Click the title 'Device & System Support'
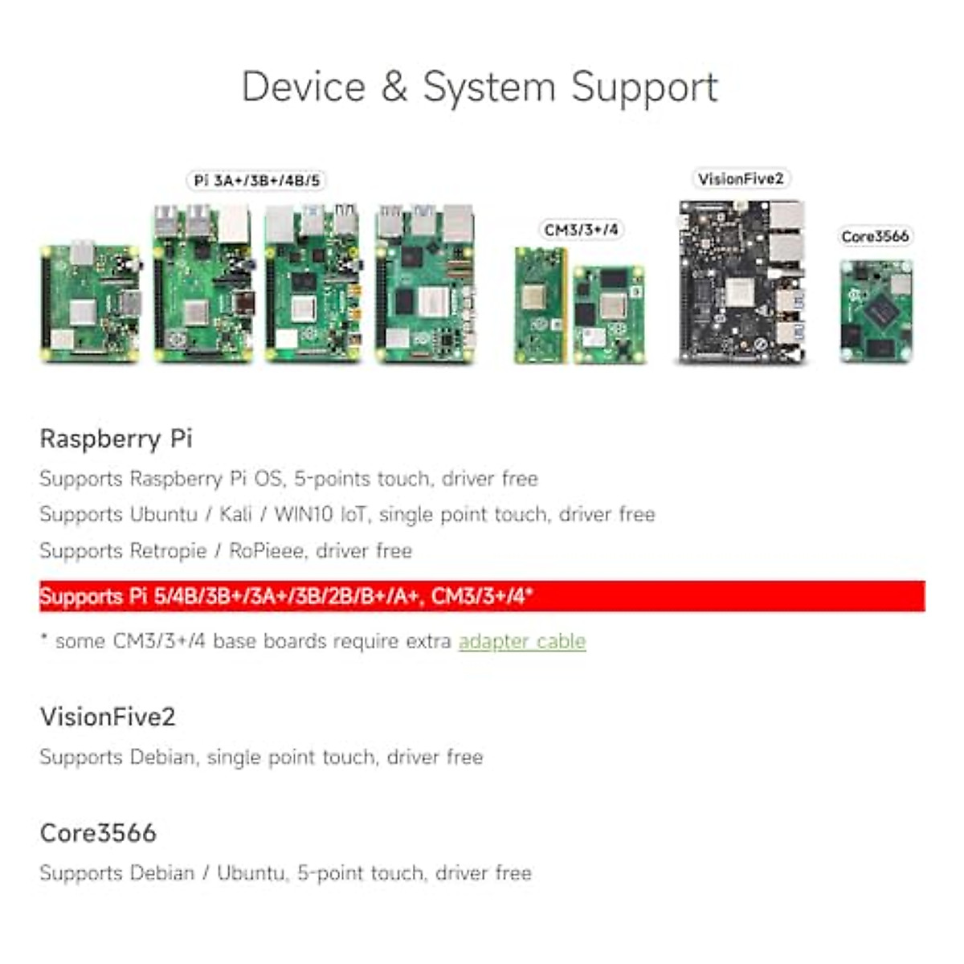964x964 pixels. pos(480,87)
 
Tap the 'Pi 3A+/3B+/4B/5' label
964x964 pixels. pos(257,180)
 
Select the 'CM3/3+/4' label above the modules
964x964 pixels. pos(582,230)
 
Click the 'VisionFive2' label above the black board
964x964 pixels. pos(740,178)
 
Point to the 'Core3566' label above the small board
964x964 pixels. pos(875,236)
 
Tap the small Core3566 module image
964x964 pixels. pos(876,310)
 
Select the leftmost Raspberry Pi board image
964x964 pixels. pos(91,302)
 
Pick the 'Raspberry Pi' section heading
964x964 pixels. pos(116,439)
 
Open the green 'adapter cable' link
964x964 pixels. pos(522,641)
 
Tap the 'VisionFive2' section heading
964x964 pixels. pos(108,717)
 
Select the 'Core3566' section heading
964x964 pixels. pos(98,833)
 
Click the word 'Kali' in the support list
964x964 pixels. pos(235,514)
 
